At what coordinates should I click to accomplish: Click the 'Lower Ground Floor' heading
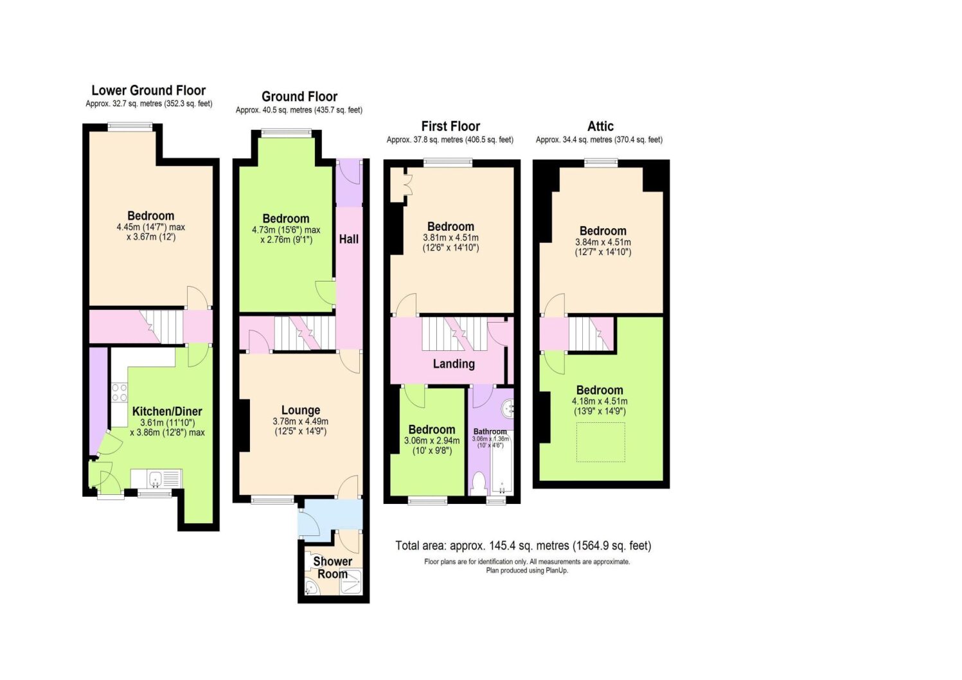click(148, 90)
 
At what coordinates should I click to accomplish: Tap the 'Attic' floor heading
click(600, 126)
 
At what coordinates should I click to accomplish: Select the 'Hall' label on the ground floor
click(349, 239)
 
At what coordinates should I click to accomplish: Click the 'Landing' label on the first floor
click(454, 364)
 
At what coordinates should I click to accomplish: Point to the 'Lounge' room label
click(301, 410)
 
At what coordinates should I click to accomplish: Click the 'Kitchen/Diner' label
click(167, 411)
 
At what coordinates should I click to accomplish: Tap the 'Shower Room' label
click(332, 568)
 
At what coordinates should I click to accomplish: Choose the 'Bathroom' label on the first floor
click(490, 432)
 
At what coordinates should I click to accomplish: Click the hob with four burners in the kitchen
click(120, 392)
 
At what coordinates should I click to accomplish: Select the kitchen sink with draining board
click(156, 479)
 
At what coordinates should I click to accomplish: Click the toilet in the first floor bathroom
click(478, 484)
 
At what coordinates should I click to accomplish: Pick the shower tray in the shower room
click(351, 582)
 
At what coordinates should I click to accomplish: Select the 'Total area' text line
click(523, 546)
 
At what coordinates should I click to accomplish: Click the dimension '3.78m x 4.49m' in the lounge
click(301, 422)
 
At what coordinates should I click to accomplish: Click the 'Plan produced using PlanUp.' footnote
click(527, 571)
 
